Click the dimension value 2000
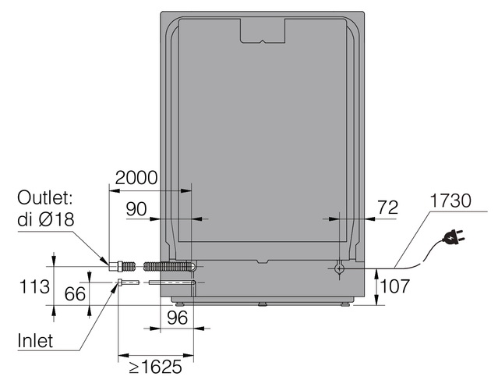coord(136,178)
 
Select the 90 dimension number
coord(136,209)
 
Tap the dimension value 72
coord(387,208)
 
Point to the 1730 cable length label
coord(450,201)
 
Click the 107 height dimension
coord(395,286)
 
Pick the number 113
coord(34,286)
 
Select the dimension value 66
coord(75,293)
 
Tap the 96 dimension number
coord(177,318)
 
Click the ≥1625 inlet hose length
coord(155,367)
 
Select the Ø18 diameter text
coord(56,219)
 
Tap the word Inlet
coord(35,340)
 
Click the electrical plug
coord(451,237)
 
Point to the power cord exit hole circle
coord(339,268)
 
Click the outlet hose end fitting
coord(115,266)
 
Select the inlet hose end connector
coord(120,282)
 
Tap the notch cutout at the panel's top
coord(263,31)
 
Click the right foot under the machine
coord(345,304)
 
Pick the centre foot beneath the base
coord(263,304)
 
